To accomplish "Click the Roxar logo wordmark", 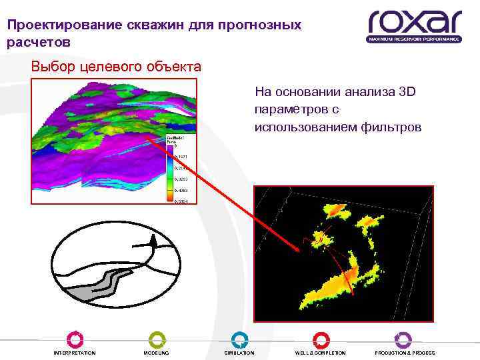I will (x=415, y=22).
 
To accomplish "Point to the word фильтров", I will (x=391, y=127).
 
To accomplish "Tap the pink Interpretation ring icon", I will (x=75, y=339).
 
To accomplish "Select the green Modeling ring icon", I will (x=157, y=339).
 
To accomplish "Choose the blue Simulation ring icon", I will (x=239, y=339).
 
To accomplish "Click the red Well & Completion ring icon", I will (x=321, y=339).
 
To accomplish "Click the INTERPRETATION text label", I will (x=75, y=353).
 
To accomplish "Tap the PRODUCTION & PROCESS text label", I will (x=405, y=353).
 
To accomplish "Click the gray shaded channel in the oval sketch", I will (x=100, y=288).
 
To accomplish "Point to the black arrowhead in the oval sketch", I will (x=155, y=243).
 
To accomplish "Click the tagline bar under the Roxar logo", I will (x=414, y=39).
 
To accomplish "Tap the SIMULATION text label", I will (x=239, y=353).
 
